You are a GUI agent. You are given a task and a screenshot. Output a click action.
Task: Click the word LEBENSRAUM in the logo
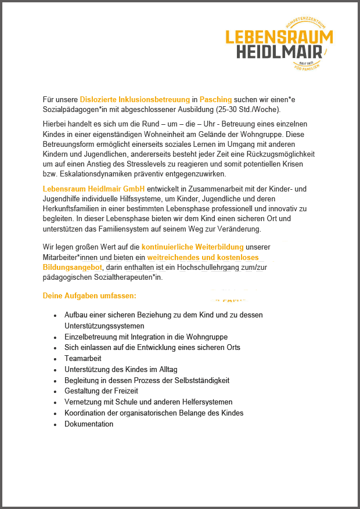coord(279,37)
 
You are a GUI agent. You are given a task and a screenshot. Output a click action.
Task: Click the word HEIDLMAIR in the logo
coord(279,52)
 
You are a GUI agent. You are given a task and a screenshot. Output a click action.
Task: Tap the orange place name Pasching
coord(215,100)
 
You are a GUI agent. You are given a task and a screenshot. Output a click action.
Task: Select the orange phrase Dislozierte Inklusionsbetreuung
coord(135,100)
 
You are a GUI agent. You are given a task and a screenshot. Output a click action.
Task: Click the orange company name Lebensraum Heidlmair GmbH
coord(93,189)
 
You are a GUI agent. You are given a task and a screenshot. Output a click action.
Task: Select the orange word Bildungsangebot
coord(72,267)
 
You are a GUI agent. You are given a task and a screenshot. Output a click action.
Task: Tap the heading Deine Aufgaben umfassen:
coord(89,295)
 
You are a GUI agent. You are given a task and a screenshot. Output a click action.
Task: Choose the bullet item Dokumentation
coord(89,424)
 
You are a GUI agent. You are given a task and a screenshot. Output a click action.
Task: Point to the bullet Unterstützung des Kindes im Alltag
coord(121,369)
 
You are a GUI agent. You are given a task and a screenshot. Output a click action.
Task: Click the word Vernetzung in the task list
coord(84,402)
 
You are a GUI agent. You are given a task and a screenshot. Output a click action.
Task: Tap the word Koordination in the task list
coord(87,413)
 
